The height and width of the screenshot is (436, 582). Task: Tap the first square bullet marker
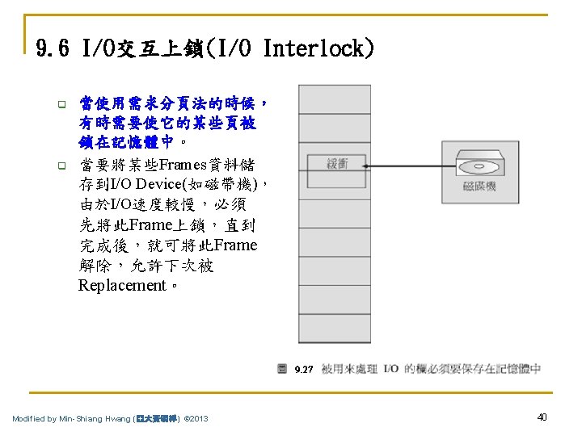[x=59, y=104]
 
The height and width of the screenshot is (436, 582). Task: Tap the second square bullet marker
[x=59, y=166]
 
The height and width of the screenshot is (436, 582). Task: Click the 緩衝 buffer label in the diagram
[x=337, y=165]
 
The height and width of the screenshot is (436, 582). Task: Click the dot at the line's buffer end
[x=365, y=166]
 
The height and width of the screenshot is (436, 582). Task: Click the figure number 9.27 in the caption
[x=304, y=370]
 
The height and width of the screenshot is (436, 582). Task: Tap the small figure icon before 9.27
[x=282, y=369]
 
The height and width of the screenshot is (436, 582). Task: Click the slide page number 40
[x=542, y=417]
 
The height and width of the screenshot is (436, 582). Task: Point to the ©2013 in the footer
[x=196, y=418]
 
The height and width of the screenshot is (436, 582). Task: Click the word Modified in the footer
[x=29, y=418]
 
